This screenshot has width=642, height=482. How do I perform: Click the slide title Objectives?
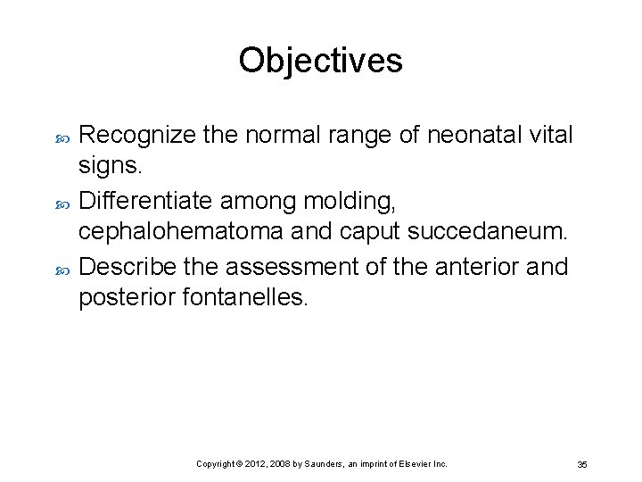(x=320, y=61)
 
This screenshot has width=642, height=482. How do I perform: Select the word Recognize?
(x=139, y=136)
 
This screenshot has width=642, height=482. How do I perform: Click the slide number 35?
(x=582, y=465)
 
